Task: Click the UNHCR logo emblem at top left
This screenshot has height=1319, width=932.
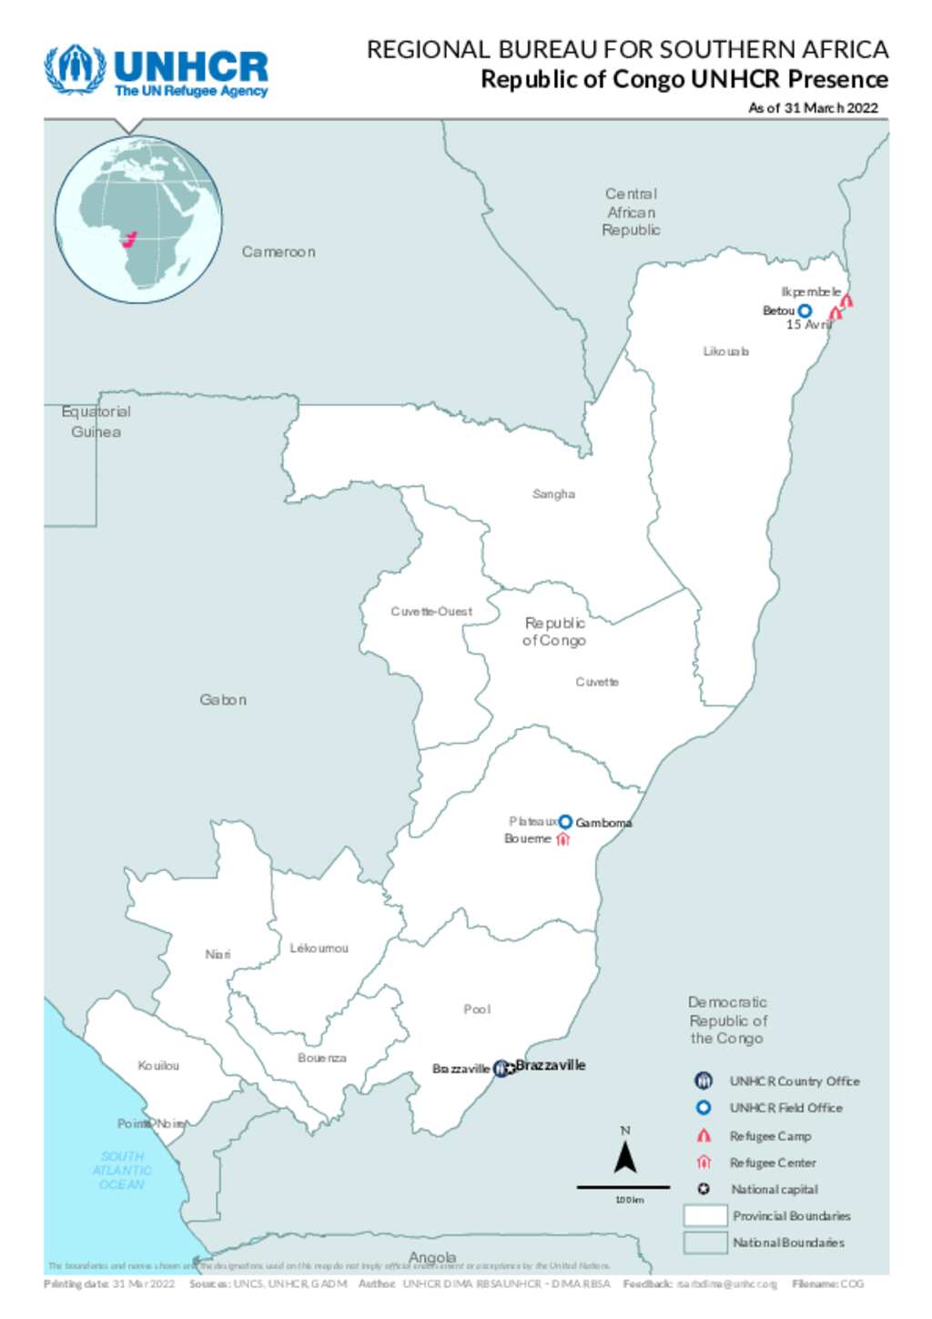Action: coord(76,68)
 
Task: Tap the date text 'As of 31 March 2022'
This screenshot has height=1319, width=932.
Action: coord(813,107)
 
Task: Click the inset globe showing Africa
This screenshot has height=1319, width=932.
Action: coord(138,219)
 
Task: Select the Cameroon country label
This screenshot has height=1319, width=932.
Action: coord(279,252)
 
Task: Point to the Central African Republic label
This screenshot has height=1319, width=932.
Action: coord(631,212)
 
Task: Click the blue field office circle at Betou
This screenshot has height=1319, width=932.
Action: coord(805,311)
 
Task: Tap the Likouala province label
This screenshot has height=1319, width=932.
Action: coord(725,351)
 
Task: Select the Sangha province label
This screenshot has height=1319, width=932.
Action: coord(553,494)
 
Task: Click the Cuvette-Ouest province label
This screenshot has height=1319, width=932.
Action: coord(431,612)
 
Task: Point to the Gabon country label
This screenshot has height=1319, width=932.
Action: coord(223,700)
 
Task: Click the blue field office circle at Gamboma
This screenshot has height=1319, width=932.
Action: coord(565,822)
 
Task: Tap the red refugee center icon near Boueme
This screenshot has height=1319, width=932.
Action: coord(562,839)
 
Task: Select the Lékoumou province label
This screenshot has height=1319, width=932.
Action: coord(319,949)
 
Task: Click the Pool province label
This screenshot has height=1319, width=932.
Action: coord(477,1010)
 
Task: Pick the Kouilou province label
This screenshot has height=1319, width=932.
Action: coord(158,1066)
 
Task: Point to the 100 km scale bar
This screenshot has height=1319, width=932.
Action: coord(623,1187)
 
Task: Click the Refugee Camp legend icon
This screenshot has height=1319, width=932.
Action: coord(704,1136)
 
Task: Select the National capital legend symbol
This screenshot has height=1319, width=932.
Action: coord(704,1189)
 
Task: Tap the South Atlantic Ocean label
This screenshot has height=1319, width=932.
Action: coord(122,1171)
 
